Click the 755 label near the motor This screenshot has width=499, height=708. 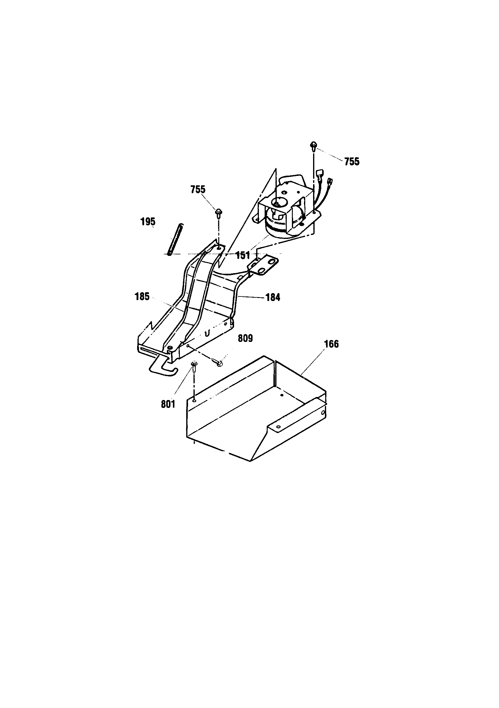pyautogui.click(x=352, y=162)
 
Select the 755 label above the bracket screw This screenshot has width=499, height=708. pyautogui.click(x=198, y=189)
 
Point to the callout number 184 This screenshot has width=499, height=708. pyautogui.click(x=273, y=298)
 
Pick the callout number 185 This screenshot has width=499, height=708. pyautogui.click(x=142, y=297)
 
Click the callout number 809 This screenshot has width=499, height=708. pyautogui.click(x=245, y=339)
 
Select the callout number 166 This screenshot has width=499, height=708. pyautogui.click(x=332, y=344)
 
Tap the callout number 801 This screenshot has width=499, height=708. pyautogui.click(x=168, y=404)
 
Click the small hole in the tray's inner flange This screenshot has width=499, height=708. pyautogui.click(x=278, y=427)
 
